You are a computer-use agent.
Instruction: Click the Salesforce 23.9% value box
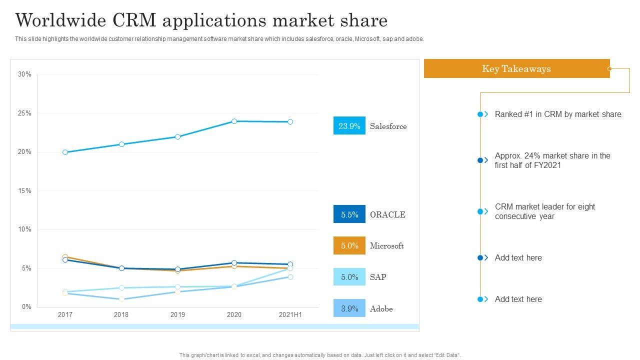coord(349,126)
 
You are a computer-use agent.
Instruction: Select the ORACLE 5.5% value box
coord(349,214)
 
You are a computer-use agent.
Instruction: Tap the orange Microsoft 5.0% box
coord(349,245)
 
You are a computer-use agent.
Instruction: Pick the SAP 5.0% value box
coord(349,277)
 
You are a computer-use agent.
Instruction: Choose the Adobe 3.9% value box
coord(349,308)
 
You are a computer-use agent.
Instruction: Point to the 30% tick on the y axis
coord(24,74)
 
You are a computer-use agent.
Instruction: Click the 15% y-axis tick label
coord(24,191)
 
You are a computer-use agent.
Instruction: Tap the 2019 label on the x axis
coord(177,315)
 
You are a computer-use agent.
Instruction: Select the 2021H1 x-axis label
coord(290,315)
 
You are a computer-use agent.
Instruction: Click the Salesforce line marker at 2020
coord(234,121)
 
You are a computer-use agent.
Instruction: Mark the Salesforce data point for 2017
coord(65,152)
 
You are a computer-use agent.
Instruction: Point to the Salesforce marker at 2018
coord(121,144)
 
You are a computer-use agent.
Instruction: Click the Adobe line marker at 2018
coord(121,299)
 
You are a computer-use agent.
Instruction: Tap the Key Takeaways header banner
coord(516,69)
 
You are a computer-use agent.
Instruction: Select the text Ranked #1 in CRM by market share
coord(558,114)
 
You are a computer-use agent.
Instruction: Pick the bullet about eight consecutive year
coord(545,211)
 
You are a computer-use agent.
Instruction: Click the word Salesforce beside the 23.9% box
coord(388,126)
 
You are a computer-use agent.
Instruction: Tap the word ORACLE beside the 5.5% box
coord(387,215)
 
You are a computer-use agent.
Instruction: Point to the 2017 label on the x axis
coord(65,315)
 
